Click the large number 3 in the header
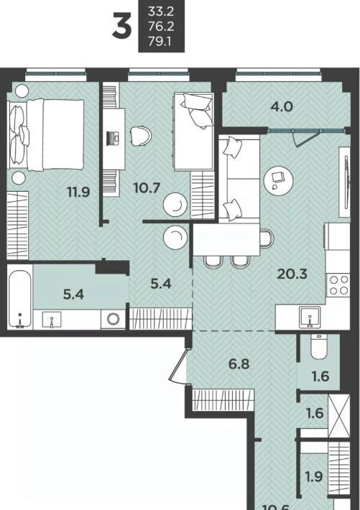(121, 25)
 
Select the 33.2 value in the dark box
(161, 11)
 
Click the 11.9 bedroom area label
(78, 193)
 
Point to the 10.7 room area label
(147, 187)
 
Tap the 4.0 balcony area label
(282, 106)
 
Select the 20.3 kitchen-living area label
(292, 274)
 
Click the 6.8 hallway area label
(239, 363)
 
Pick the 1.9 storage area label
(314, 477)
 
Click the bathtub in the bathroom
(20, 297)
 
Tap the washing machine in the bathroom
(113, 320)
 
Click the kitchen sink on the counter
(310, 317)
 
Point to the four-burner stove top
(338, 284)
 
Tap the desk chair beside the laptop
(142, 136)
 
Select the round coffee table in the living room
(278, 180)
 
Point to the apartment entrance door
(178, 365)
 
